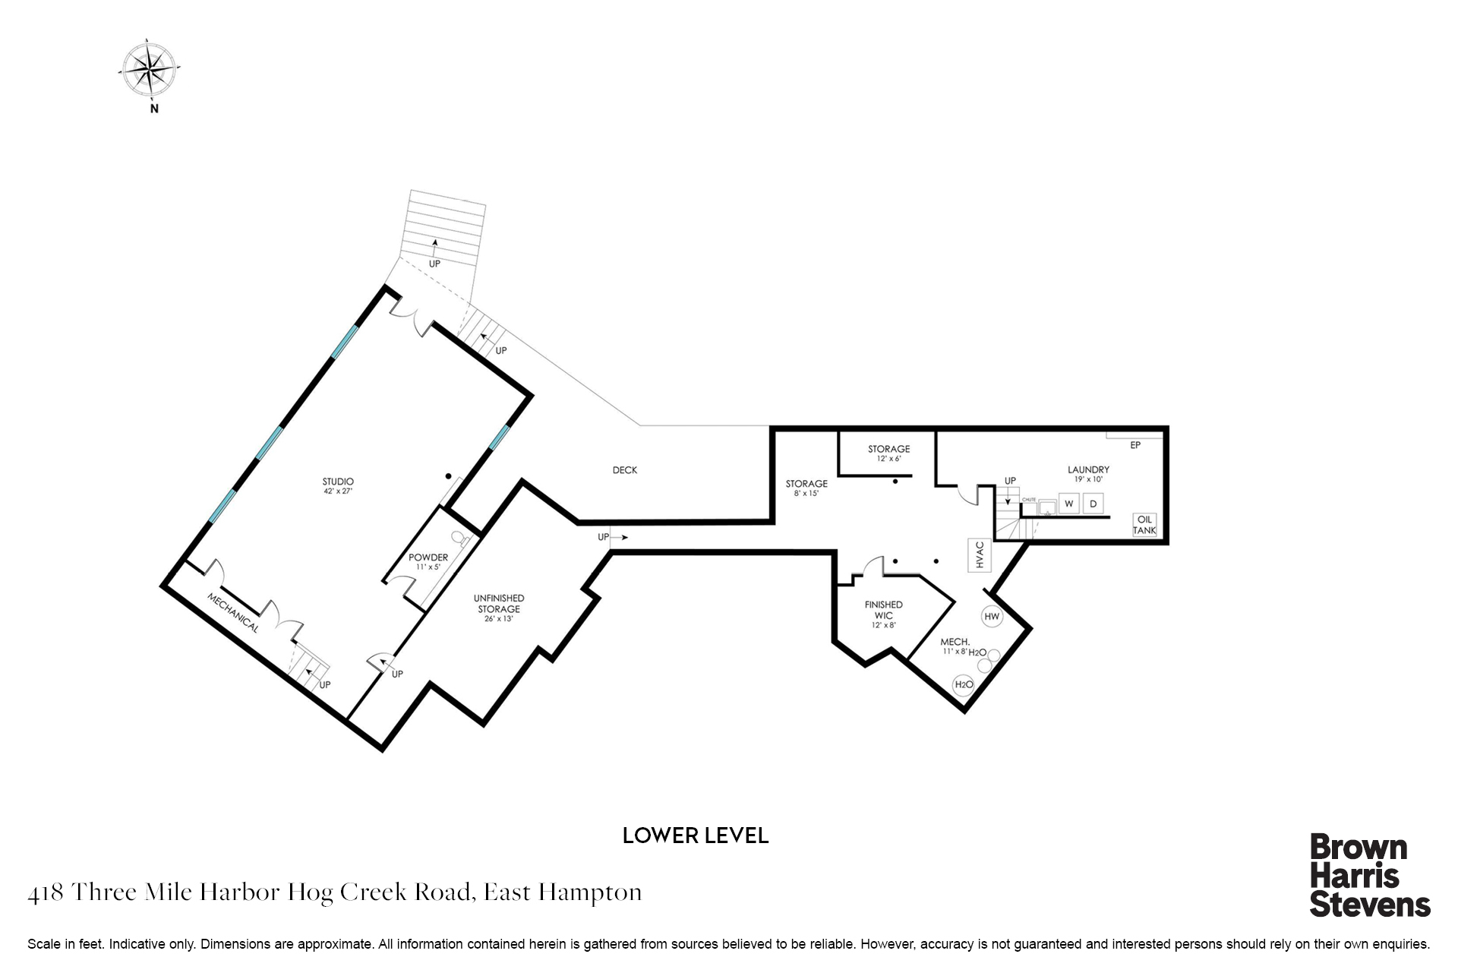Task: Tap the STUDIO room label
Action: click(338, 482)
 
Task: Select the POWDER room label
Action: click(428, 557)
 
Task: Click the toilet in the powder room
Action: click(459, 537)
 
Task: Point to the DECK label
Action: click(625, 470)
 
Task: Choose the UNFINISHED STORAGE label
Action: click(499, 603)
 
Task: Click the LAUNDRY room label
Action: click(1088, 470)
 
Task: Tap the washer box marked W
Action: click(1069, 504)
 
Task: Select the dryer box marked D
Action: click(1093, 504)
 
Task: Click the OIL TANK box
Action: click(1144, 525)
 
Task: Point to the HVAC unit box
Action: click(980, 554)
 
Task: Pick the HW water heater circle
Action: click(992, 617)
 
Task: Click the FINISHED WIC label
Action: click(884, 610)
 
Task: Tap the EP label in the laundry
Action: click(1135, 445)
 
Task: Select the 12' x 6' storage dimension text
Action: click(889, 459)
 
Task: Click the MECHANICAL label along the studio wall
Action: click(233, 613)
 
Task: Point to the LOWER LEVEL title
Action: click(696, 835)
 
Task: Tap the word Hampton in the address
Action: click(590, 892)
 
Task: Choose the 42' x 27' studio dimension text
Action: click(338, 491)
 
